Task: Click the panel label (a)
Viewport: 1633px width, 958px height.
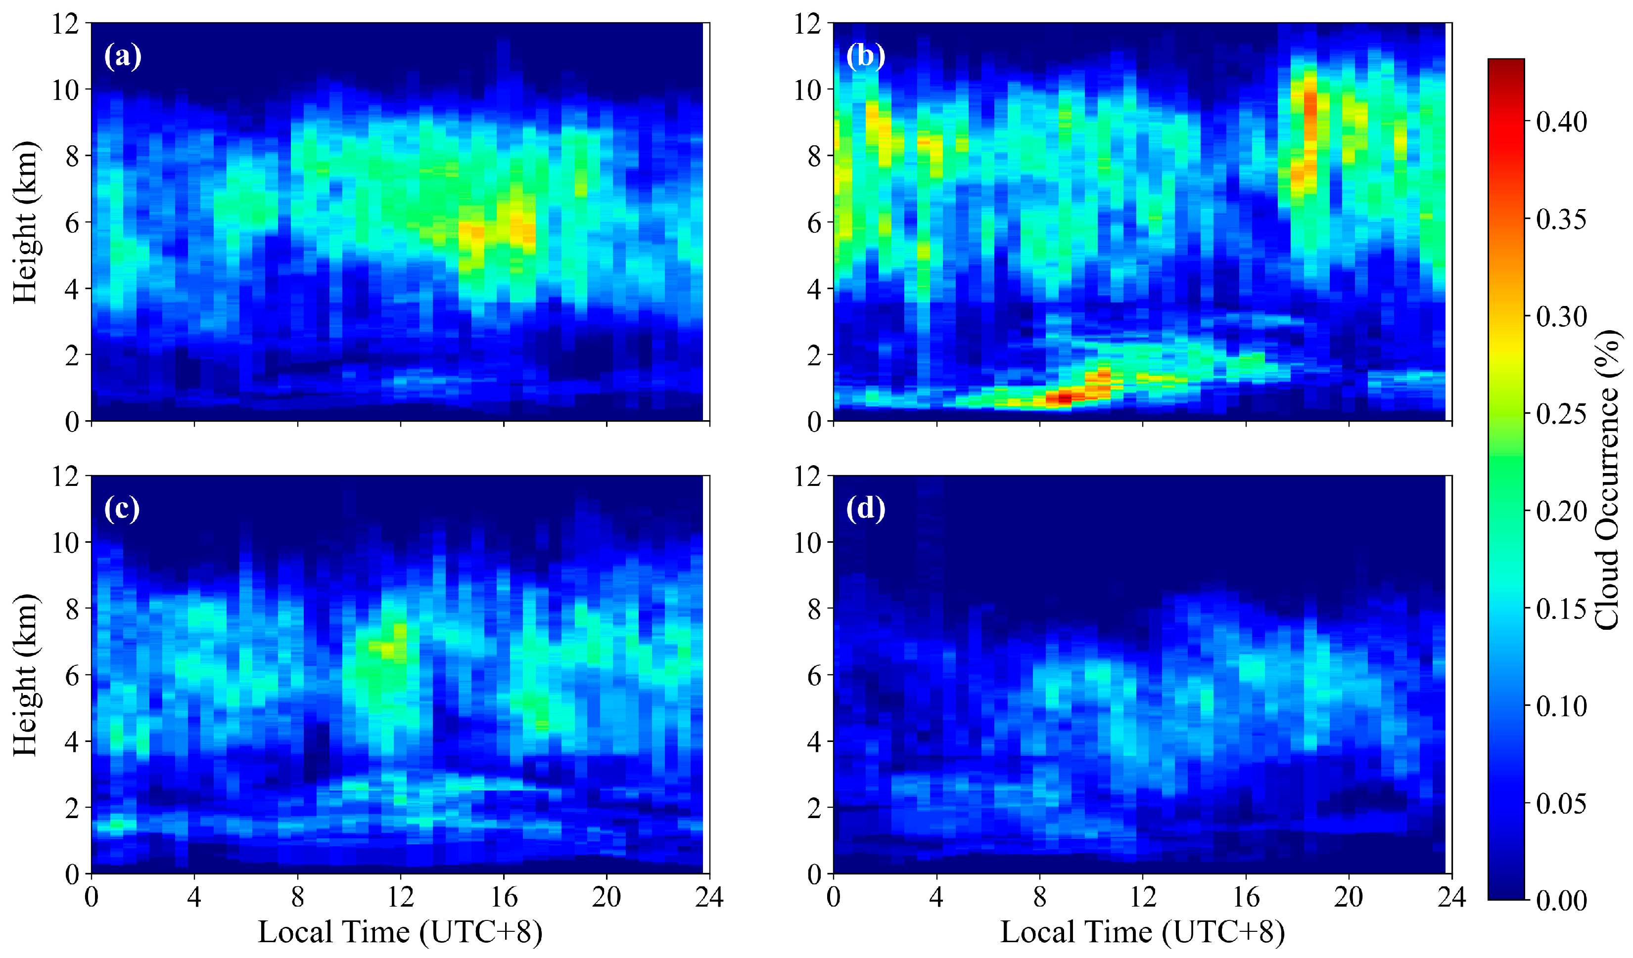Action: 123,57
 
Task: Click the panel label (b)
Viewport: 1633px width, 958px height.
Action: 865,57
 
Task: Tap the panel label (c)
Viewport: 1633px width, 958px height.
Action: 122,509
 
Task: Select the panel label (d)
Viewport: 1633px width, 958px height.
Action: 865,509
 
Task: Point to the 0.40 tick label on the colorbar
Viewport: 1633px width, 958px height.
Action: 1562,122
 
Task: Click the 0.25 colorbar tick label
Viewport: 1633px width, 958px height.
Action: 1562,414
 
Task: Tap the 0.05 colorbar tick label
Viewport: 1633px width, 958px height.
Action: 1562,804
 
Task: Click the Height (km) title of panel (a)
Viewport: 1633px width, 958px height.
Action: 26,221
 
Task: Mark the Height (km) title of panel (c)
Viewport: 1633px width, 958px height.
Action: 26,674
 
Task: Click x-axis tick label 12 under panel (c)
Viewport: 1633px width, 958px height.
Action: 401,898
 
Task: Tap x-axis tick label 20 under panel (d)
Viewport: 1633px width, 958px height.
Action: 1349,898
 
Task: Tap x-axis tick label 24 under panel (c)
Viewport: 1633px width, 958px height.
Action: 709,898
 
